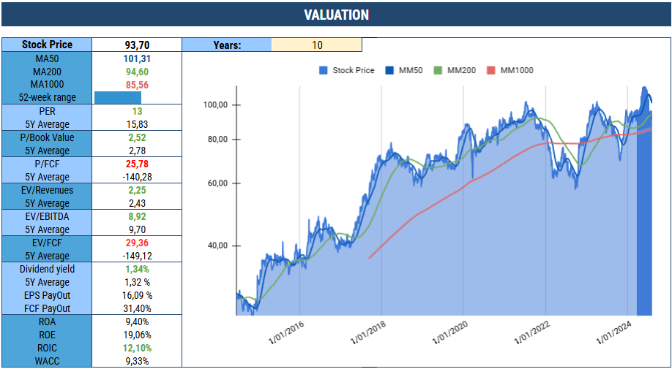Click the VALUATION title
click(x=336, y=15)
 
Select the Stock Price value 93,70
click(x=137, y=45)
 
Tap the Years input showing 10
click(x=316, y=45)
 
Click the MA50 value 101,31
click(x=137, y=58)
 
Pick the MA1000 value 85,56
click(x=137, y=85)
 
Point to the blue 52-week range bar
click(x=117, y=98)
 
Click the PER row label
click(x=47, y=111)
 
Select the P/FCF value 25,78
click(x=137, y=164)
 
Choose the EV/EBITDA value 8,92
click(x=137, y=216)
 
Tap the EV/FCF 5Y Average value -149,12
click(x=137, y=256)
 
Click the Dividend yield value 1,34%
click(x=137, y=269)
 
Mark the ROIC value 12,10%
click(x=137, y=348)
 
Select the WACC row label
click(x=47, y=361)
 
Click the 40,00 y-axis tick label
click(x=216, y=246)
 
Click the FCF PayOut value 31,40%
click(x=137, y=308)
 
